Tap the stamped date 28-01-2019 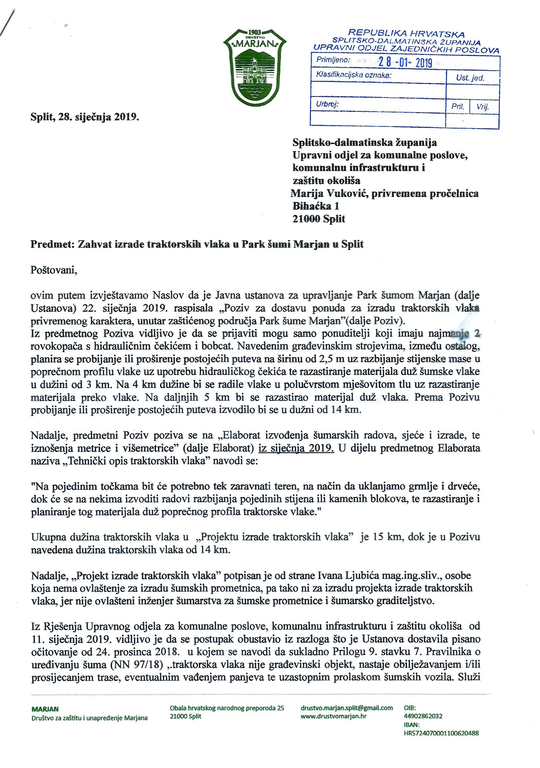coord(405,63)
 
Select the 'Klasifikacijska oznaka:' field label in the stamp coord(353,76)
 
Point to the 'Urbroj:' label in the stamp coord(327,104)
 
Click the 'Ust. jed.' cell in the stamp coord(470,78)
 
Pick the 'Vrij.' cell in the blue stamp coord(483,107)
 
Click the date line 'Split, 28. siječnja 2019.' coord(84,117)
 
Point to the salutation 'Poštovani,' coord(54,270)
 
